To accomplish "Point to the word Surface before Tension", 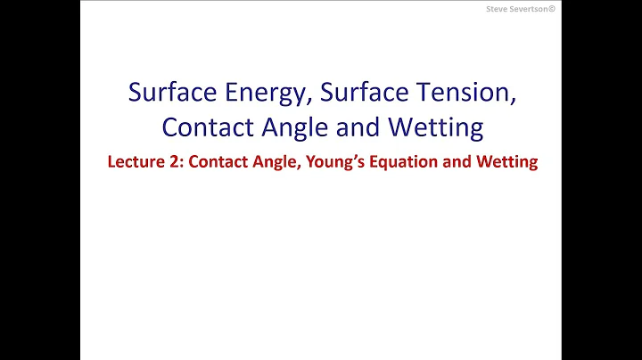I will (x=365, y=93).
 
